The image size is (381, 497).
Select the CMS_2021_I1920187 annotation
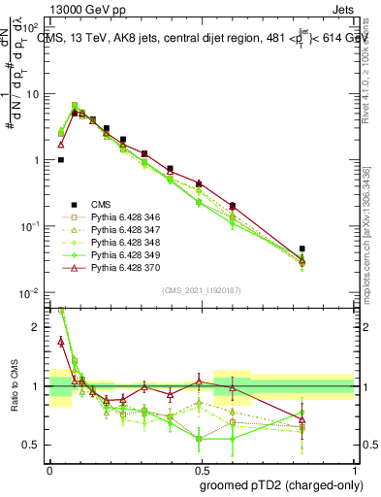tap(201, 290)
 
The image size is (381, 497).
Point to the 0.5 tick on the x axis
tap(202, 467)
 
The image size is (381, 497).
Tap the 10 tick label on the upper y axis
tap(32, 94)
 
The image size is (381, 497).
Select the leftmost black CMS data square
tap(61, 160)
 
